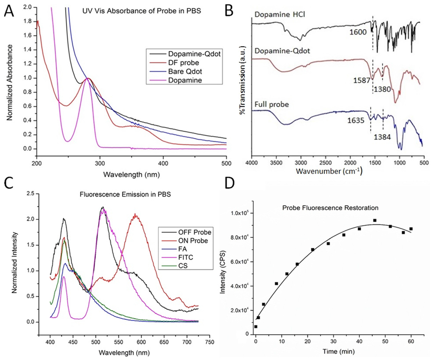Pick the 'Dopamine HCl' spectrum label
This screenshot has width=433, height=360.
pos(275,16)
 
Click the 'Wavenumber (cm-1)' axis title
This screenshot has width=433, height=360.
pos(336,172)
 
